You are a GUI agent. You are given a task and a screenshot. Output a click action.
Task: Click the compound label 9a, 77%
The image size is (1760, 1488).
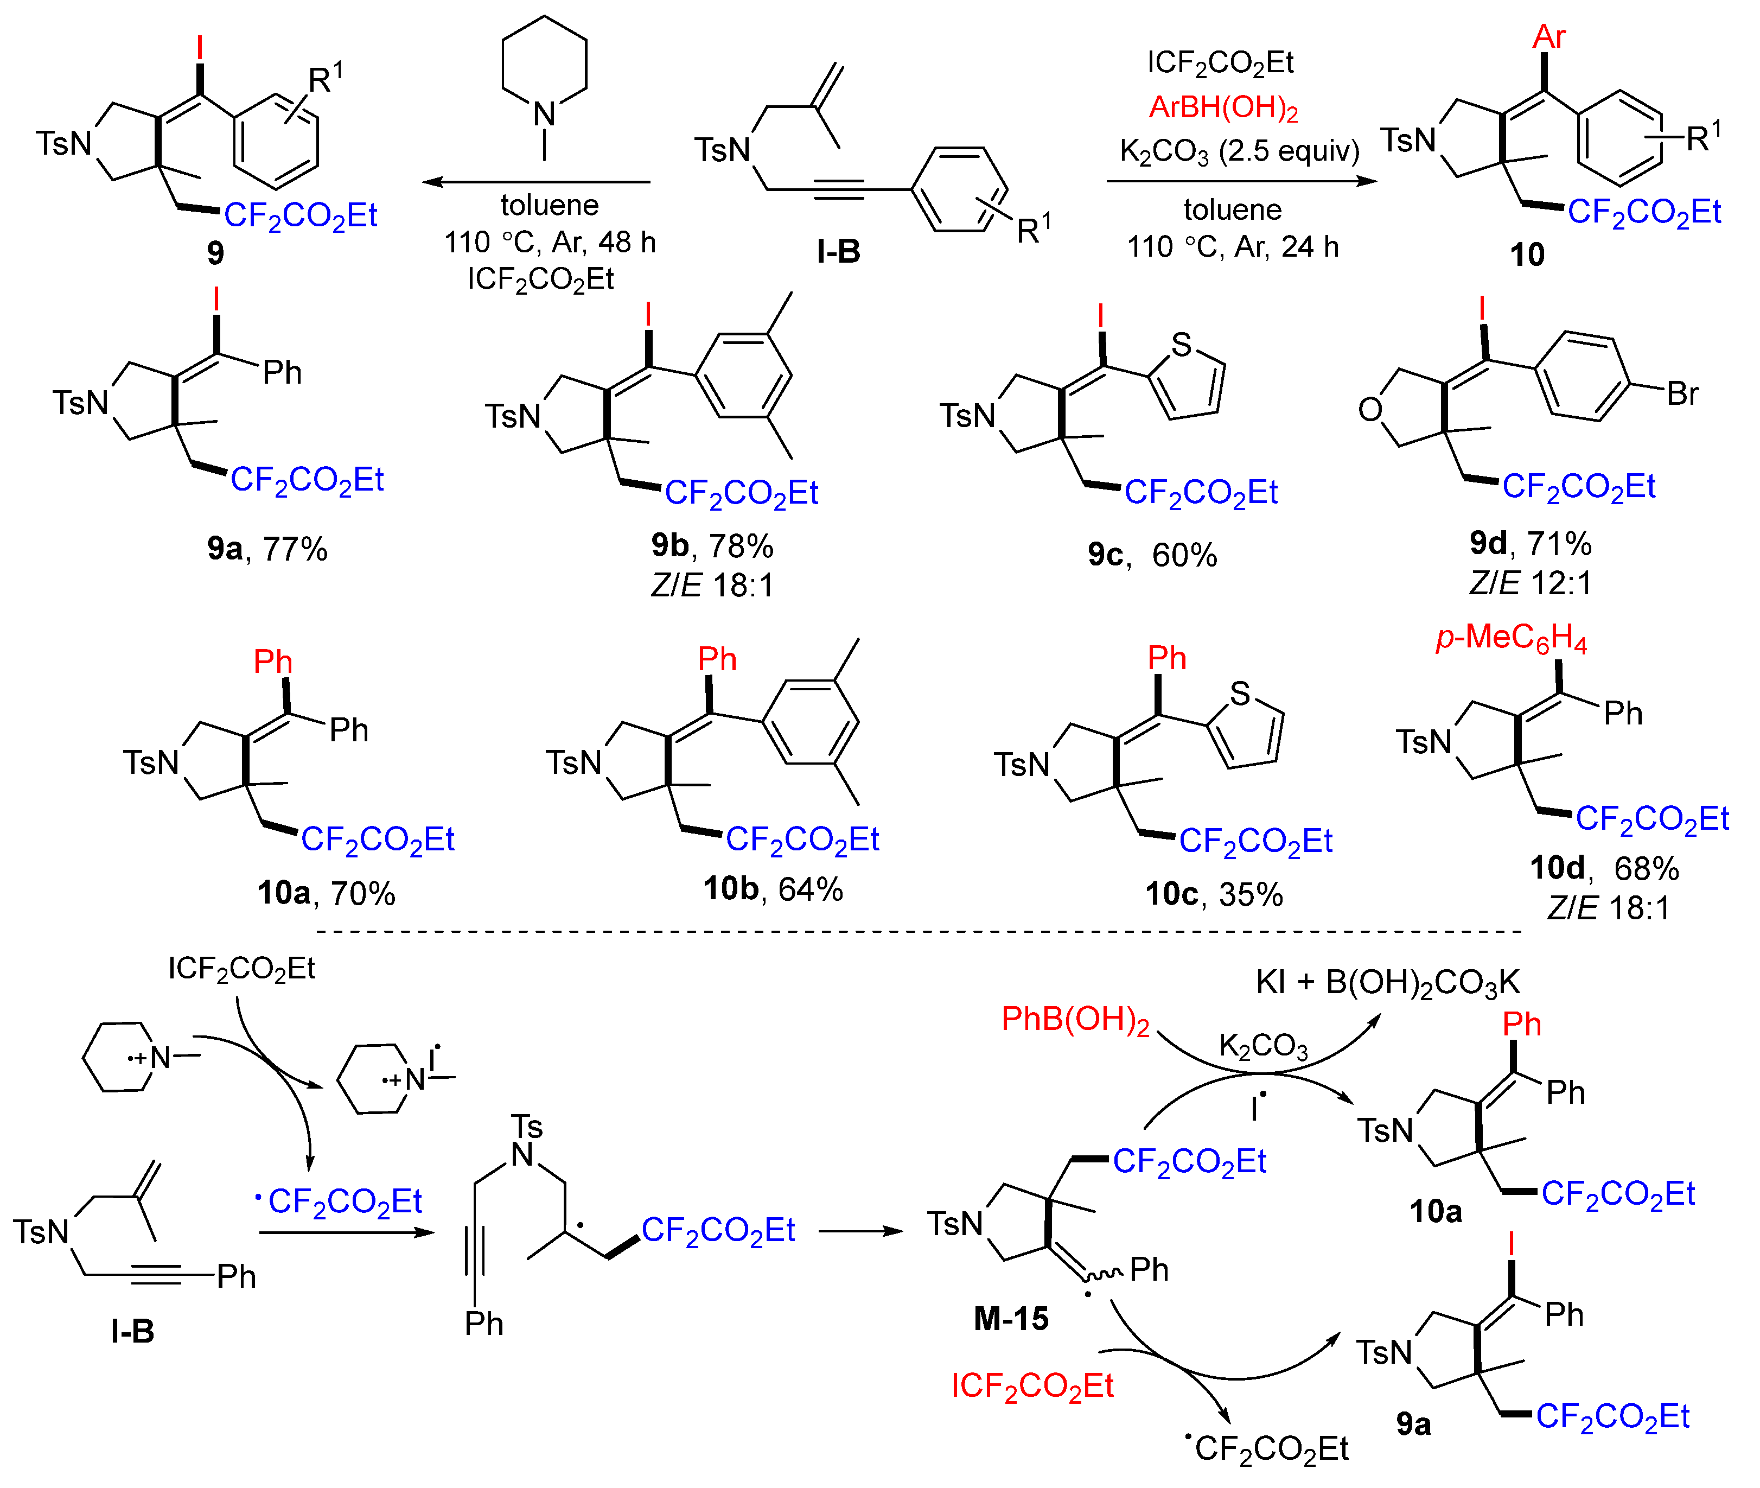click(266, 549)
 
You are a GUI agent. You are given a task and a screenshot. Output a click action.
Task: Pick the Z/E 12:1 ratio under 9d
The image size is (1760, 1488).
click(1530, 583)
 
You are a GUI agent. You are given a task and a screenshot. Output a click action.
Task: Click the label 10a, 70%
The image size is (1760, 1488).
click(326, 893)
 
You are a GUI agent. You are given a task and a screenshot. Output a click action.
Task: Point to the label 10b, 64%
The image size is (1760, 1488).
click(773, 888)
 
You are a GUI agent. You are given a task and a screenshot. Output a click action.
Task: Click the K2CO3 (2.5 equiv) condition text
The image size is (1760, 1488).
click(1239, 152)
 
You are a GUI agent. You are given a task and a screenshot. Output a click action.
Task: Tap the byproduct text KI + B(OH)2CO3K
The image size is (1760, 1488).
click(1387, 983)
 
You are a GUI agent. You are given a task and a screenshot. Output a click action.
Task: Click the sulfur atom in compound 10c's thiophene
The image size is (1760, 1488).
click(1240, 694)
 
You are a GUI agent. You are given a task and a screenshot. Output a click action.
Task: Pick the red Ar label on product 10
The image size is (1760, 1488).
click(1549, 36)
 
